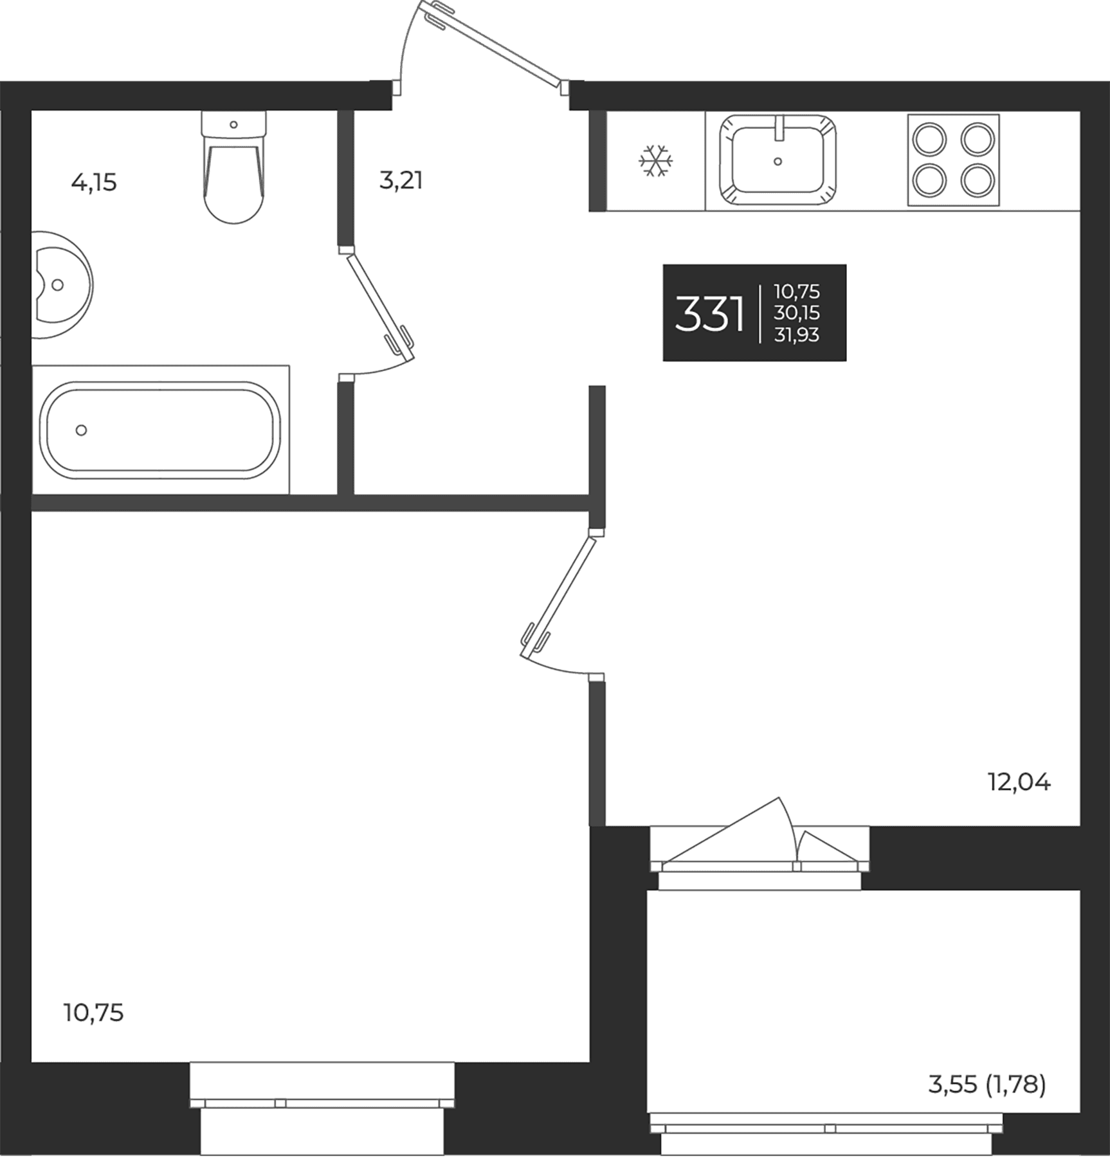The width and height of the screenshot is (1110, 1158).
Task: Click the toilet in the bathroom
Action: [x=233, y=167]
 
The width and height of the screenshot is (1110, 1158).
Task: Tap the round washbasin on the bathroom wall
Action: [x=62, y=284]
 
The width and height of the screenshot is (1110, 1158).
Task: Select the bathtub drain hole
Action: [x=81, y=430]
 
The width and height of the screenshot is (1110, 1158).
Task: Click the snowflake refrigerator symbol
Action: [x=655, y=161]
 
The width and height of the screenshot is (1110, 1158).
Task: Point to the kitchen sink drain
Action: [x=778, y=161]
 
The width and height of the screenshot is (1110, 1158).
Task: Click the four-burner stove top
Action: [x=953, y=160]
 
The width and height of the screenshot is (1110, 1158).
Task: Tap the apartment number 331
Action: [x=709, y=315]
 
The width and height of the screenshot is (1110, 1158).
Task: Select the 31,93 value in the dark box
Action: [x=797, y=335]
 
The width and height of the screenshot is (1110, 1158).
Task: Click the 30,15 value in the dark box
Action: [x=797, y=313]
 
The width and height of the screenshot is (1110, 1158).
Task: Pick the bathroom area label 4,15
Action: [x=94, y=183]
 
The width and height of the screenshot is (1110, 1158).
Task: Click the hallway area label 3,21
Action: [x=401, y=181]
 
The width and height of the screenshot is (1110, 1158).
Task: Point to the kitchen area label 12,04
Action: [x=1019, y=782]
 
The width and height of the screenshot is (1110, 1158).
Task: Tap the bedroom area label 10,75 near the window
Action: [x=94, y=1013]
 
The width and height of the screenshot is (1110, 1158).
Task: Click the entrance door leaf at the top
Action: [x=492, y=44]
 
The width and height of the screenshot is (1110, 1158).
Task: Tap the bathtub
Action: [x=160, y=430]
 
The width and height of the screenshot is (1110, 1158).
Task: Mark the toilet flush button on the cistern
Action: [x=233, y=124]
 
